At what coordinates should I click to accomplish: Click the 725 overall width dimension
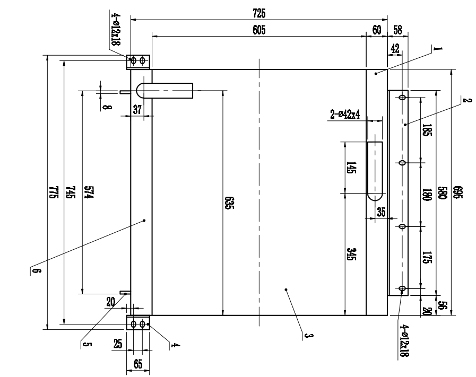click(x=259, y=13)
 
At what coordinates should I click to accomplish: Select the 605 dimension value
click(x=259, y=30)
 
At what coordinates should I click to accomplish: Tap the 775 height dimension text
click(x=54, y=192)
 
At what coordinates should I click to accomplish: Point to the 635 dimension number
click(x=229, y=203)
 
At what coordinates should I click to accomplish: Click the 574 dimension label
click(x=89, y=192)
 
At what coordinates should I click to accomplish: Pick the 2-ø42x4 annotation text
click(x=345, y=115)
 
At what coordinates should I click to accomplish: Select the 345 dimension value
click(x=351, y=254)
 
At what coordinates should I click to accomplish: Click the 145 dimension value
click(x=351, y=168)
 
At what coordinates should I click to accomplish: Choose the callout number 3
click(x=308, y=336)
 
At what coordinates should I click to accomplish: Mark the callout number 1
click(x=438, y=49)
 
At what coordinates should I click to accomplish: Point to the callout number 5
click(x=86, y=345)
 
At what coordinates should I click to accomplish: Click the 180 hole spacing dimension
click(x=427, y=195)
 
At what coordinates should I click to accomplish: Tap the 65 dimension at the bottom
click(x=138, y=364)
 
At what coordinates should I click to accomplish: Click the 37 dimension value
click(x=137, y=109)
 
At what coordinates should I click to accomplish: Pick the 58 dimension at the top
click(x=397, y=30)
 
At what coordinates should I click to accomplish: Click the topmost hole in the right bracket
click(x=402, y=98)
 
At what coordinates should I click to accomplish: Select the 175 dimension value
click(x=427, y=257)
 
